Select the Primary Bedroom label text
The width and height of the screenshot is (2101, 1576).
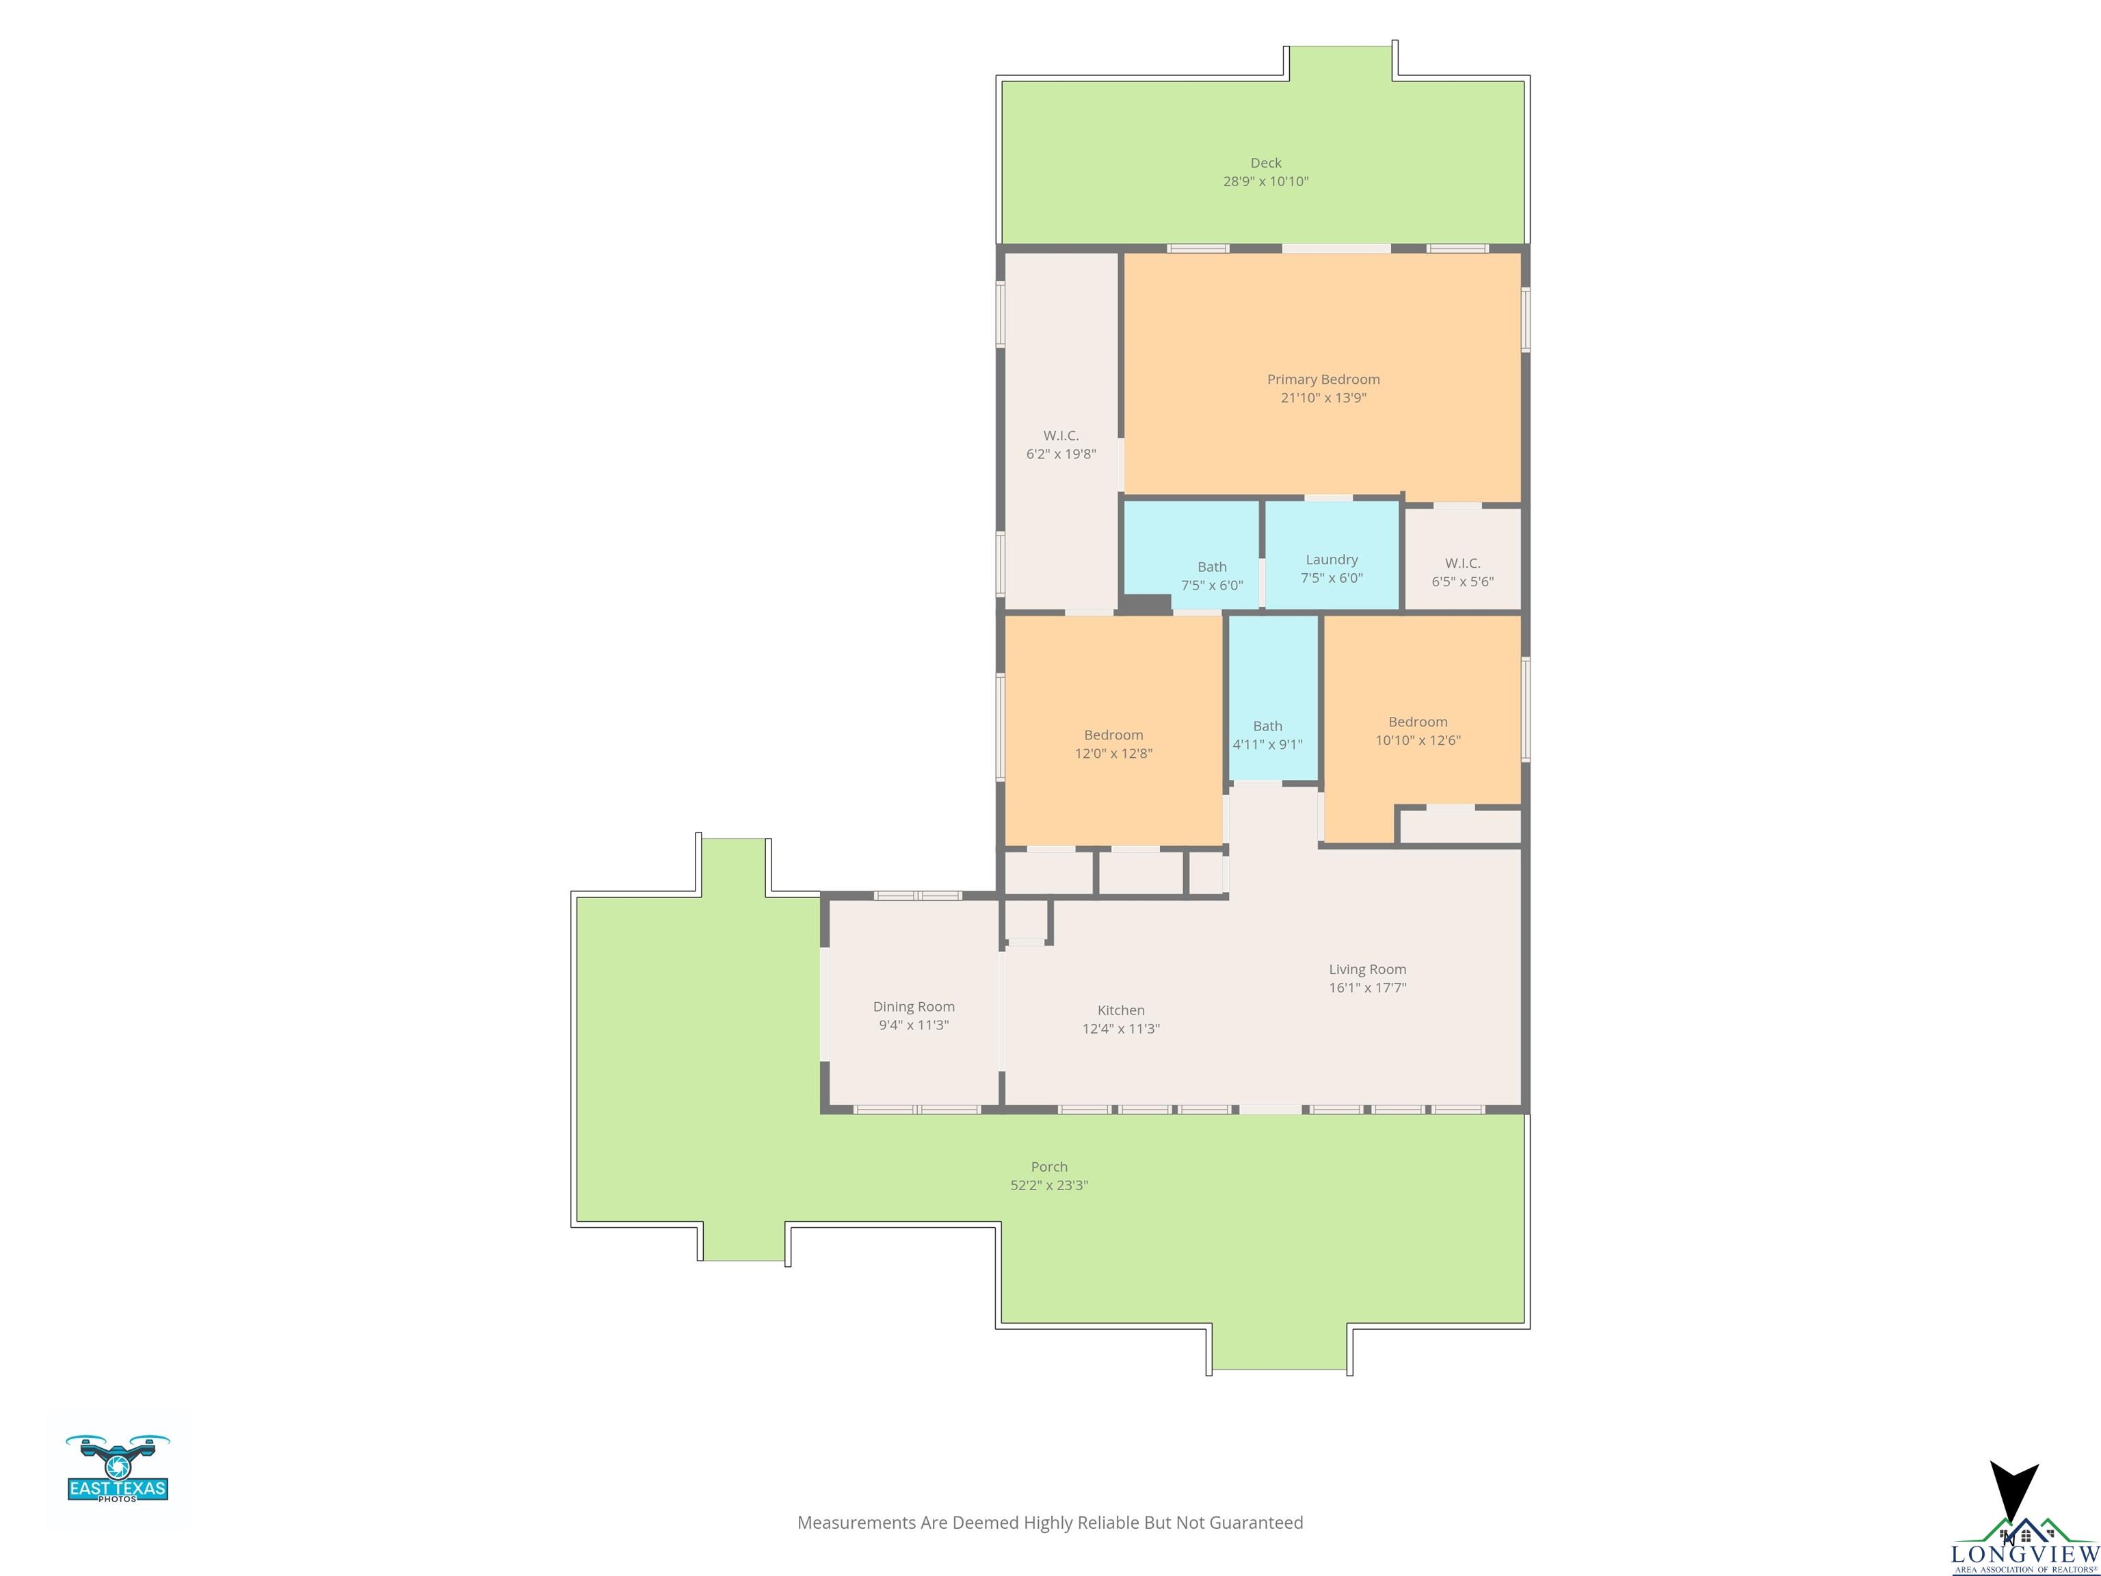(x=1323, y=379)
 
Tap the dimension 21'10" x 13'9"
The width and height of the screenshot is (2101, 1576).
(x=1323, y=397)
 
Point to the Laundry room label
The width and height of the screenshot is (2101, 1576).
(x=1332, y=560)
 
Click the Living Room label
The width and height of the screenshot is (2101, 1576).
(x=1366, y=969)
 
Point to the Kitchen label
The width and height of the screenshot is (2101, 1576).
(x=1121, y=1010)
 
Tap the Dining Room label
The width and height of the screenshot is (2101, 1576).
(x=914, y=1007)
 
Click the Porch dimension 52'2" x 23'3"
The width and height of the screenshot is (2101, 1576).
(x=1048, y=1185)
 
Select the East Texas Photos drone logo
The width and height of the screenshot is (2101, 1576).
(x=118, y=1468)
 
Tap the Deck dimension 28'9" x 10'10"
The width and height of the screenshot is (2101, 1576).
(x=1265, y=181)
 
